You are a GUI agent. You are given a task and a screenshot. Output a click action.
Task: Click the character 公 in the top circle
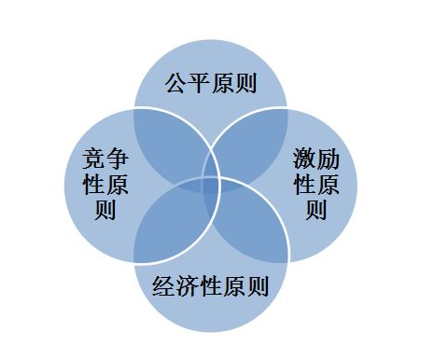point(175,85)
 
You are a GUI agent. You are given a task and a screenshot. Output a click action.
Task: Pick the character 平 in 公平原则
point(199,85)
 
